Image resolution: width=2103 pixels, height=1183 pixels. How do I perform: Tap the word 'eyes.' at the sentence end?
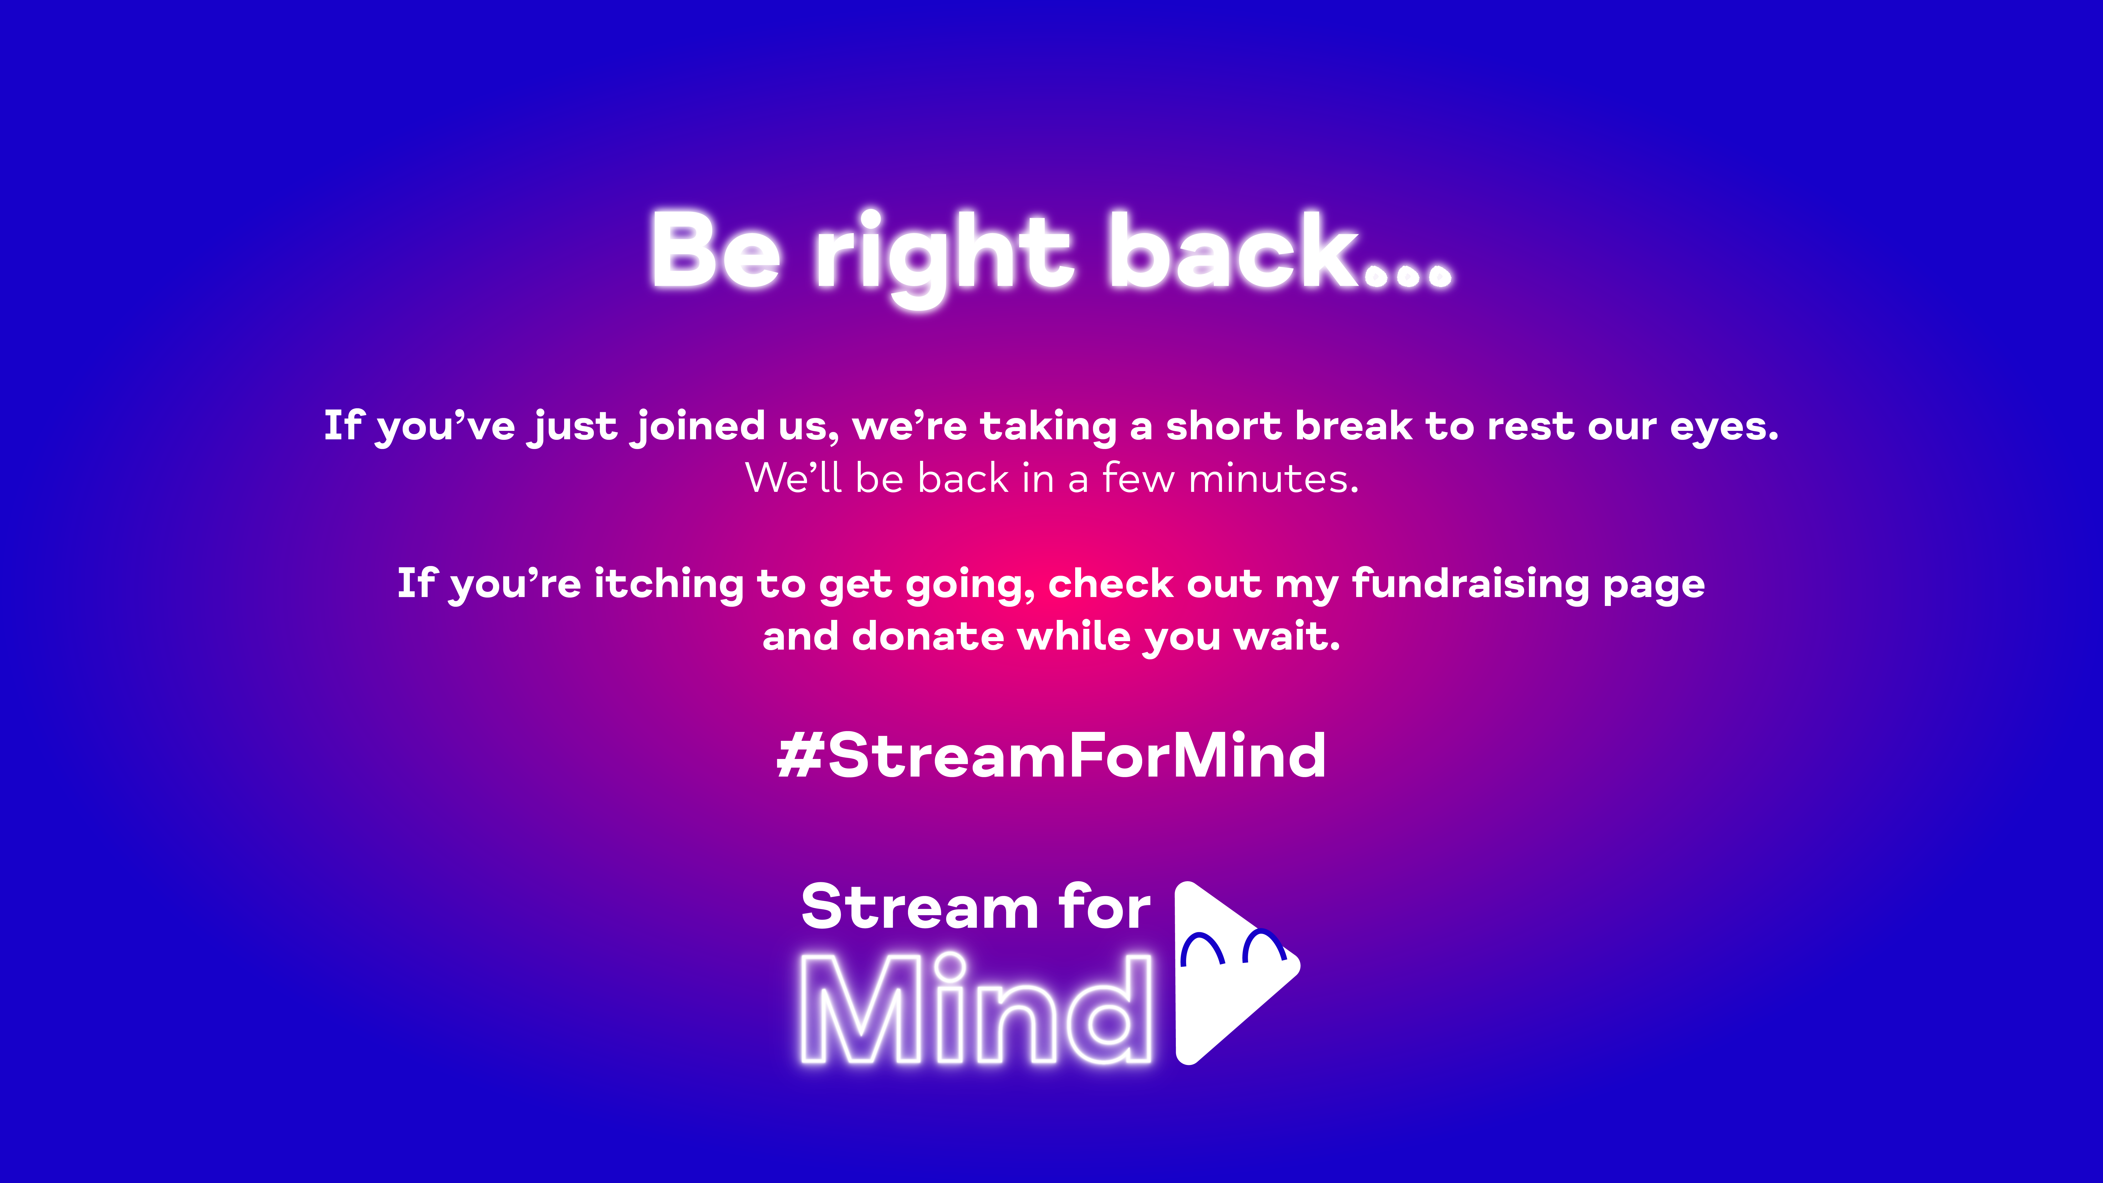1724,429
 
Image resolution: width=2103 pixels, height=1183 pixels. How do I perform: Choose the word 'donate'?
927,636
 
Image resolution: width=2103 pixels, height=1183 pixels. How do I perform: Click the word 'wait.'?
1288,636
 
